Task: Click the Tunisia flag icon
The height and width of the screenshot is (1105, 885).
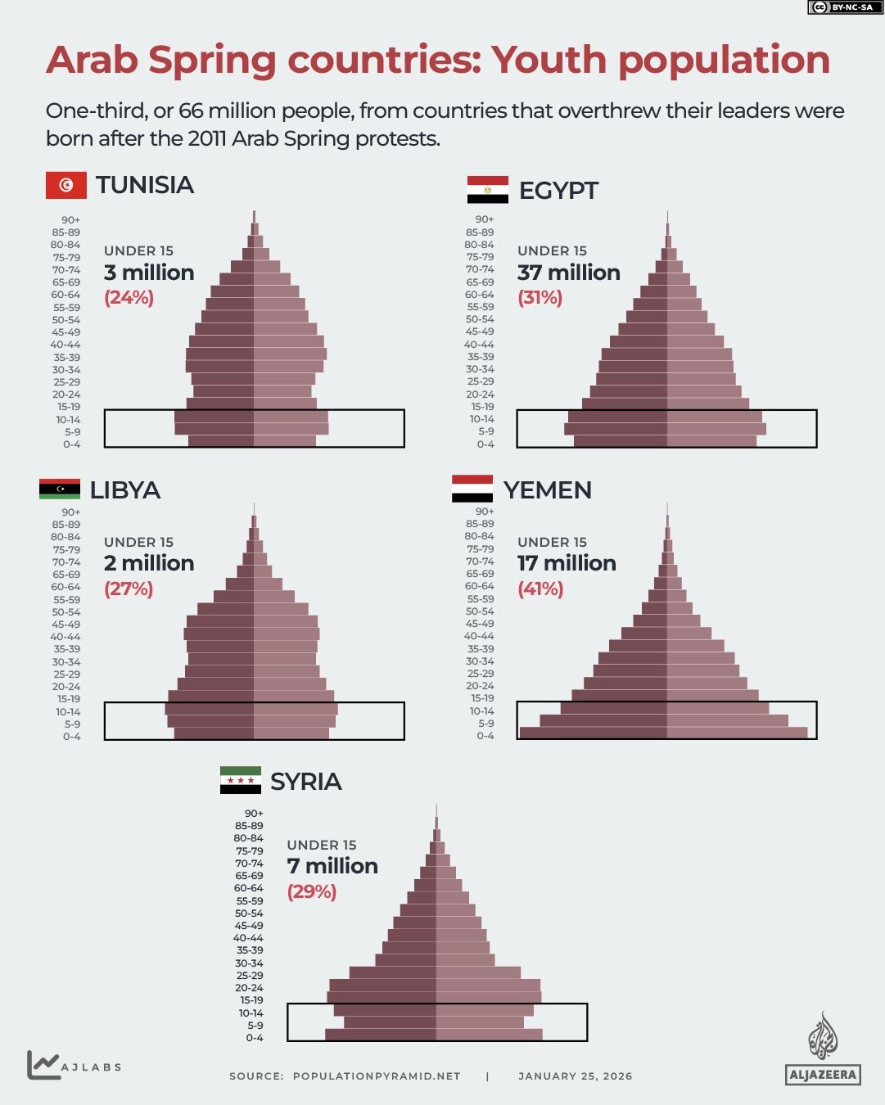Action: click(x=65, y=185)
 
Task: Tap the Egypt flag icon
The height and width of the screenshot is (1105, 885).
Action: click(x=487, y=190)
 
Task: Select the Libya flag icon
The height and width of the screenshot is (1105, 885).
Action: click(x=60, y=489)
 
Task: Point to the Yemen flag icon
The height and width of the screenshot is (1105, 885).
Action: click(x=472, y=489)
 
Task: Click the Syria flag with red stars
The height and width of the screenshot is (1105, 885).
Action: click(x=241, y=781)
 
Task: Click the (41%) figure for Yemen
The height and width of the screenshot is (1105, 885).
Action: click(x=540, y=589)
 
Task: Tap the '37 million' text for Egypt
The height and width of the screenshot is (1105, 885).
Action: click(x=568, y=273)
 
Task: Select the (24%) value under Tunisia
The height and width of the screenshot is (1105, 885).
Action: click(x=129, y=297)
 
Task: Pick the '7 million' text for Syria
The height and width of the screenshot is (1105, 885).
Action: click(x=332, y=866)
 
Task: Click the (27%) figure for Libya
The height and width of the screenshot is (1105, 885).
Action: click(x=129, y=589)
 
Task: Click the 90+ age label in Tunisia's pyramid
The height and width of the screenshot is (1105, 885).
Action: click(x=71, y=219)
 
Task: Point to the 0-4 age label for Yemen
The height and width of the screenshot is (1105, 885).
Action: click(x=485, y=736)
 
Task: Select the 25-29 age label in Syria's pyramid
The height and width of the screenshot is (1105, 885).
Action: click(x=250, y=975)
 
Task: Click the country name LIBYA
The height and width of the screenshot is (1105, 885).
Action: click(x=125, y=490)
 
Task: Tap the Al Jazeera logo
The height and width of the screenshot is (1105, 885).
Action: click(x=823, y=1049)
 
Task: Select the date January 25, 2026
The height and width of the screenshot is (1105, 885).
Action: click(x=575, y=1076)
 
